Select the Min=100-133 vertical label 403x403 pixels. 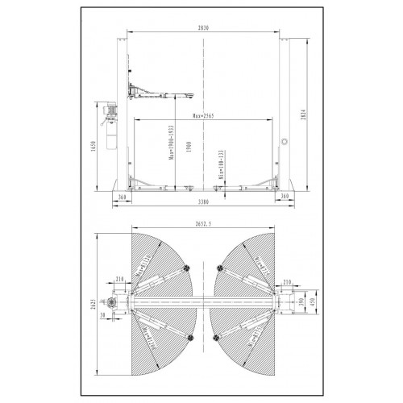pyautogui.click(x=222, y=164)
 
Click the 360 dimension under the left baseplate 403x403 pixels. pyautogui.click(x=123, y=196)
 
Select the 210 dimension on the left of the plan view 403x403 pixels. pyautogui.click(x=120, y=280)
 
